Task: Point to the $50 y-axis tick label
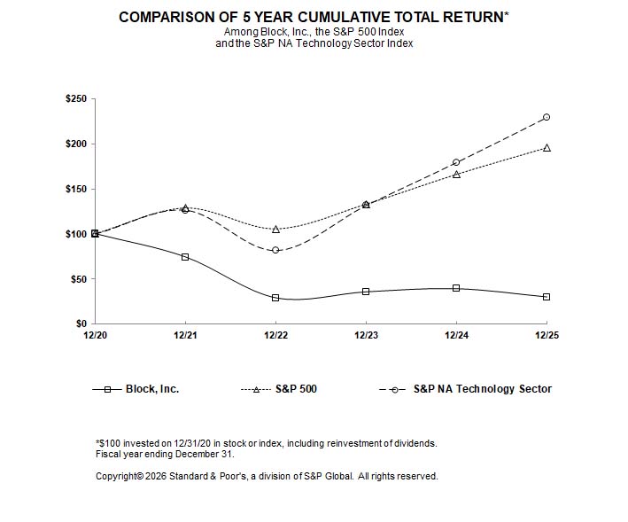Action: [x=77, y=279]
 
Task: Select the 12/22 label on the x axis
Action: [x=275, y=335]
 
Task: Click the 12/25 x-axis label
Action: [x=547, y=335]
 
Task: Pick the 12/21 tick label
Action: [x=185, y=335]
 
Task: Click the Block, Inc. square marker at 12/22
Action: [x=275, y=298]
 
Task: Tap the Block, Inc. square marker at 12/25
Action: [x=547, y=297]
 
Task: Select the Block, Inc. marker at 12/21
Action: [x=185, y=257]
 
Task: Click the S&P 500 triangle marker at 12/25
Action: [x=547, y=148]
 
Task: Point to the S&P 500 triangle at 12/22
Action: [x=275, y=230]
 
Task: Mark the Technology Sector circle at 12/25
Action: [x=547, y=117]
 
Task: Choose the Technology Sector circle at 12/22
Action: [x=275, y=250]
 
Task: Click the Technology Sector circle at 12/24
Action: [x=456, y=162]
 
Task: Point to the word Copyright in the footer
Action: [x=117, y=476]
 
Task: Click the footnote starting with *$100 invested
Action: [x=266, y=443]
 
